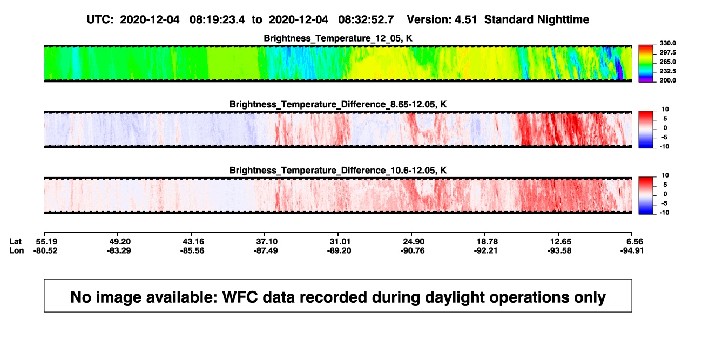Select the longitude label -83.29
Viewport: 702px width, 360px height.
(119, 250)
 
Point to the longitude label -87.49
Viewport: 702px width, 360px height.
(266, 250)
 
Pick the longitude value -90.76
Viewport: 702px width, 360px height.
(413, 250)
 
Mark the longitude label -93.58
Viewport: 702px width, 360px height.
(559, 250)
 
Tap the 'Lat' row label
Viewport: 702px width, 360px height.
(15, 242)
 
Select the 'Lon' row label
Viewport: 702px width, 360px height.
(17, 250)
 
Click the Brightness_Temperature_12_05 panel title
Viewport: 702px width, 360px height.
(338, 38)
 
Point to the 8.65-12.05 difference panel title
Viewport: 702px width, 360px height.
(338, 104)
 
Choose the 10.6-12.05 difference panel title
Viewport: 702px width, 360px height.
(338, 171)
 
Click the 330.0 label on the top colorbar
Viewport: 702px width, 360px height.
(667, 43)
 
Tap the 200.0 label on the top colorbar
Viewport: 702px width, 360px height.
(667, 80)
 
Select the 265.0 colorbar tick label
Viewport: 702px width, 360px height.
(667, 62)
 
